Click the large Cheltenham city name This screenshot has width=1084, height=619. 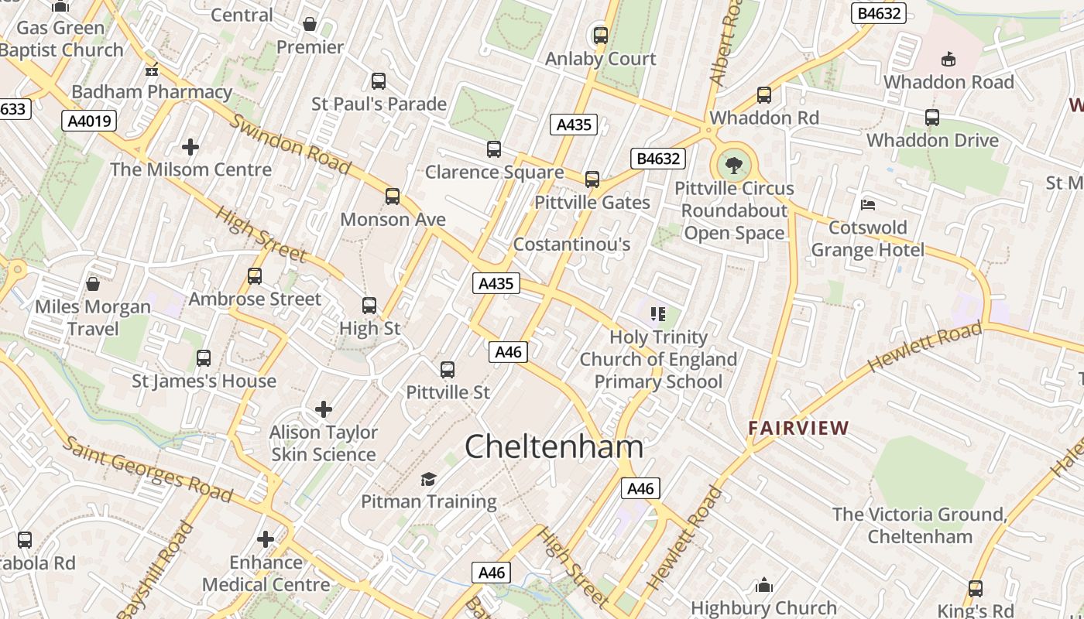tap(554, 447)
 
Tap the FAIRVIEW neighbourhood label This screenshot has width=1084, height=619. tap(798, 428)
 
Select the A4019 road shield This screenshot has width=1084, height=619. tap(89, 121)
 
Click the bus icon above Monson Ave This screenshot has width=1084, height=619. tap(393, 197)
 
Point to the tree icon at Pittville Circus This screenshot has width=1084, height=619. tap(732, 165)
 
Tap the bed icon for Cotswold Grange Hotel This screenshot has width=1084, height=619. tap(868, 205)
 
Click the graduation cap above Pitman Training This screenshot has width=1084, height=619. tap(428, 479)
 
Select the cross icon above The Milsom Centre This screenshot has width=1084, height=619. tap(190, 146)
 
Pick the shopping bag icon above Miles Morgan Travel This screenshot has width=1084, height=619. tap(93, 284)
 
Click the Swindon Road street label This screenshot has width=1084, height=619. tap(290, 145)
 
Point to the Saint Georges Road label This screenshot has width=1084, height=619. tap(147, 468)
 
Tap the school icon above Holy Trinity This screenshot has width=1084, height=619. tap(658, 314)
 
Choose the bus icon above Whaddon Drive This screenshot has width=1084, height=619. tap(932, 118)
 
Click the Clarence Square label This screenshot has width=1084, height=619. tap(494, 172)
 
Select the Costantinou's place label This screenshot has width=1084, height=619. tap(571, 245)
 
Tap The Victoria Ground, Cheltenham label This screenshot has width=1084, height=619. tap(919, 525)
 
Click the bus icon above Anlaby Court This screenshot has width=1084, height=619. tap(600, 36)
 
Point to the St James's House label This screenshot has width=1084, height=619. tap(204, 381)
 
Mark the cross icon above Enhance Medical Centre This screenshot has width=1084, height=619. tap(266, 539)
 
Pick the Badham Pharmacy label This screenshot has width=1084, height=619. tap(152, 91)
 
